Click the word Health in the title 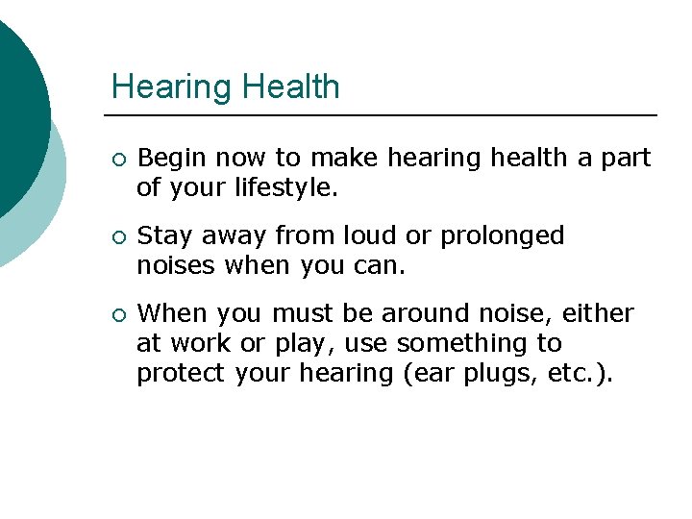(x=291, y=86)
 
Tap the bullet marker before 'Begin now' (x=117, y=159)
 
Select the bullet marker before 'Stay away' (x=117, y=236)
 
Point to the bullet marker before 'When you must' (x=117, y=314)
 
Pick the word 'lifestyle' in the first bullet (x=285, y=187)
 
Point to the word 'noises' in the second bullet (x=177, y=265)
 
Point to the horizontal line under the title (x=384, y=115)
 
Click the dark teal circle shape (x=17, y=106)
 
